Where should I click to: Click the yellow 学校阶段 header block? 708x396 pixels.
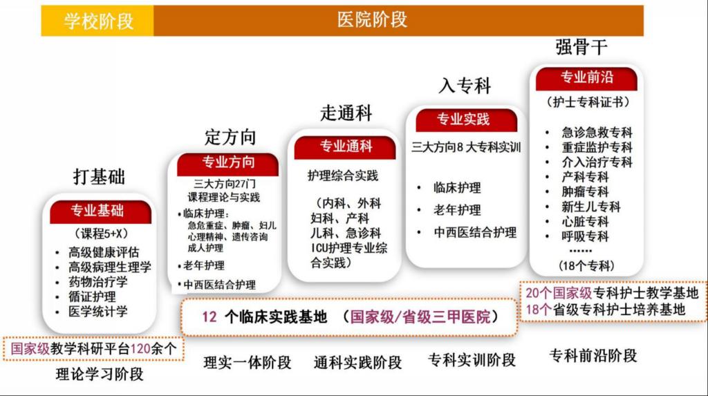click(x=97, y=21)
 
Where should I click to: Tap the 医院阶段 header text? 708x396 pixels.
click(x=372, y=20)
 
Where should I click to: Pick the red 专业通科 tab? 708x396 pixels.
click(x=346, y=147)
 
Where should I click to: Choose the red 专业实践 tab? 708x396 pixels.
click(x=466, y=120)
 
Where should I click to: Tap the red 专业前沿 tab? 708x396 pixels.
click(x=586, y=78)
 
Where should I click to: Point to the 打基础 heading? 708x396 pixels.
click(x=99, y=176)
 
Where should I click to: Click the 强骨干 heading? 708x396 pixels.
click(x=581, y=47)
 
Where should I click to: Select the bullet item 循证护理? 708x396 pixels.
click(x=92, y=296)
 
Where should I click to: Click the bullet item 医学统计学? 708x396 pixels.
click(x=98, y=312)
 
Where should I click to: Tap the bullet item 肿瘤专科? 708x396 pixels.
click(x=585, y=192)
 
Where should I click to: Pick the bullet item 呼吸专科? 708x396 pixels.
click(x=585, y=236)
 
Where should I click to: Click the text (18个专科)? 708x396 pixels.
click(x=586, y=265)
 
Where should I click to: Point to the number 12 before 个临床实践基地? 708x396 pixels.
click(x=209, y=317)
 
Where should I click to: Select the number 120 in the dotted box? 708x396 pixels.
click(x=140, y=348)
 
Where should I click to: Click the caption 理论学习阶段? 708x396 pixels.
click(x=100, y=374)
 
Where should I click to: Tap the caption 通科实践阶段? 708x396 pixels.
click(x=357, y=363)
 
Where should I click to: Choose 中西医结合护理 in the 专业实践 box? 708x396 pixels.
click(x=475, y=232)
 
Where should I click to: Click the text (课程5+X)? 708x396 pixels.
click(x=101, y=234)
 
